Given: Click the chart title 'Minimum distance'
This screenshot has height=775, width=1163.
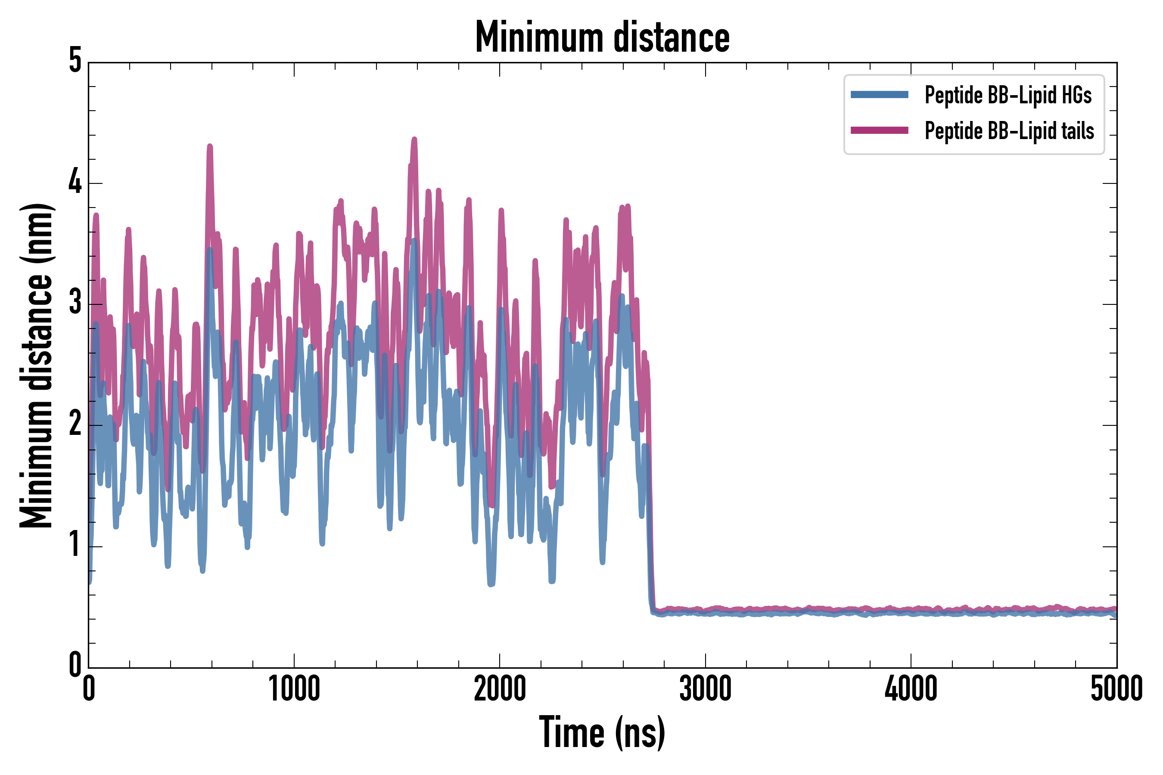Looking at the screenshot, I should pyautogui.click(x=602, y=37).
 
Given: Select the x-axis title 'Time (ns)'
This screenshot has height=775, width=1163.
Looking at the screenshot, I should pyautogui.click(x=602, y=732).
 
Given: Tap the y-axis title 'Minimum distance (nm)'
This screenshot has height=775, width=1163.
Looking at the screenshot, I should pyautogui.click(x=37, y=366).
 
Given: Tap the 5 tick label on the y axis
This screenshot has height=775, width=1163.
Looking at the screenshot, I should pyautogui.click(x=75, y=61).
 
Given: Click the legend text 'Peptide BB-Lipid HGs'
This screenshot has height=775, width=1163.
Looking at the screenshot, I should pyautogui.click(x=1008, y=95).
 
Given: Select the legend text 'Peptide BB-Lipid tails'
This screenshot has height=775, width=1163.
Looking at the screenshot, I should pyautogui.click(x=1009, y=131).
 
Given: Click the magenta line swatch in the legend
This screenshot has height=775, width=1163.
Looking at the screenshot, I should pyautogui.click(x=879, y=130).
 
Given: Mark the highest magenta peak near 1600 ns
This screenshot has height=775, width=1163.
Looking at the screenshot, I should pyautogui.click(x=414, y=140).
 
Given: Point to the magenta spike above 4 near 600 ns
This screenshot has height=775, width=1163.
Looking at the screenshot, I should pyautogui.click(x=210, y=147).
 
